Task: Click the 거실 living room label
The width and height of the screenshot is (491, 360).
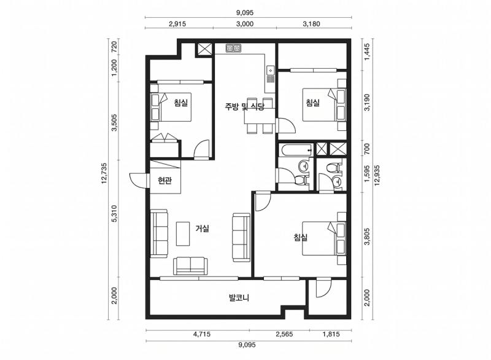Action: pyautogui.click(x=202, y=229)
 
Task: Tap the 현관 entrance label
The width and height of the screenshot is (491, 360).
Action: pyautogui.click(x=164, y=181)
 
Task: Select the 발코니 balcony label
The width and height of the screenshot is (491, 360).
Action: pyautogui.click(x=239, y=298)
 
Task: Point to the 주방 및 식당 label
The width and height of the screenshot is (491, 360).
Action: pyautogui.click(x=244, y=106)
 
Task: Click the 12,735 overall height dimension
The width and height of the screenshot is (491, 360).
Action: pyautogui.click(x=104, y=178)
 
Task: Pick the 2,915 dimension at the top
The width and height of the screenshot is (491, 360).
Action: pyautogui.click(x=177, y=24)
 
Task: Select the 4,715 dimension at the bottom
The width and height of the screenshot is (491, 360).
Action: pyautogui.click(x=202, y=334)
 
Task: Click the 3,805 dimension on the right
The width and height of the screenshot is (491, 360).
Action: pyautogui.click(x=367, y=237)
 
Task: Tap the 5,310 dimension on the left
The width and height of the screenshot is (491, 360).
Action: pyautogui.click(x=114, y=214)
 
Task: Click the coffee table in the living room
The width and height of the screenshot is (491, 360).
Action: pyautogui.click(x=182, y=233)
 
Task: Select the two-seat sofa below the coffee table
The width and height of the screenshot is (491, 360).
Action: pyautogui.click(x=190, y=266)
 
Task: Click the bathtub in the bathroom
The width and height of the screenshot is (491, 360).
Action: pyautogui.click(x=296, y=149)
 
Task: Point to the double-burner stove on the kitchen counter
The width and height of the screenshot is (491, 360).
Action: pyautogui.click(x=234, y=48)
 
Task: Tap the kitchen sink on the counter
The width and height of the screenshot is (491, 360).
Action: pyautogui.click(x=270, y=71)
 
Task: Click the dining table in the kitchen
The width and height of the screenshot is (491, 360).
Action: pyautogui.click(x=260, y=115)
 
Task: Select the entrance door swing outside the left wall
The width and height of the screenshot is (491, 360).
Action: pyautogui.click(x=137, y=180)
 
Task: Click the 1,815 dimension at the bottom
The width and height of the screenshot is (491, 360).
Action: pyautogui.click(x=331, y=334)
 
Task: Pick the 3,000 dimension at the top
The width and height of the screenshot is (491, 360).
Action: pyautogui.click(x=244, y=24)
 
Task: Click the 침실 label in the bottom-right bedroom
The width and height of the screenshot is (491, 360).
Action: pyautogui.click(x=301, y=237)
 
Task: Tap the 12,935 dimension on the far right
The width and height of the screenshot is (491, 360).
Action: pyautogui.click(x=377, y=176)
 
